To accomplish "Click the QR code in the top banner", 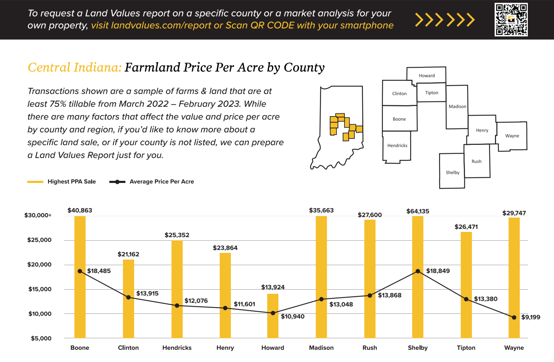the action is pos(511,20).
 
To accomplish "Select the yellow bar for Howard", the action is pos(273,316).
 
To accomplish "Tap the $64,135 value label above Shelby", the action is pos(418,211).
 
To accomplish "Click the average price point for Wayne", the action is pos(514,318).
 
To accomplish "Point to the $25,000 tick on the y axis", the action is pos(39,240).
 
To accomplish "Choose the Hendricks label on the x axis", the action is pos(177,348).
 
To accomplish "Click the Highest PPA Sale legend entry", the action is pos(61,182).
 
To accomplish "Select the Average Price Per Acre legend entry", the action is pos(152,182).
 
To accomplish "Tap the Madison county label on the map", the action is pos(458,106).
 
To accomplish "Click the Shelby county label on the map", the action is pos(453,172).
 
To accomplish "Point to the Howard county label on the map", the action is pos(427,76).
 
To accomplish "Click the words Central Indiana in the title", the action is pos(74,68).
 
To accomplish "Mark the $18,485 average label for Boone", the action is pos(99,271).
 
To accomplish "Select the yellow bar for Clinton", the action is pos(129,299).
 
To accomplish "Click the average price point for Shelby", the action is pos(418,271).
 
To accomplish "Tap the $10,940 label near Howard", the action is pos(293,317).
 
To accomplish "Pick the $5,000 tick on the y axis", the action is pos(41,338).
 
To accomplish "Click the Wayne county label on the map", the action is pos(512,136).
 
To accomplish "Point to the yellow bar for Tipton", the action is pos(466,285).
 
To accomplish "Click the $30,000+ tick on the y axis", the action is pos(38,215).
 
